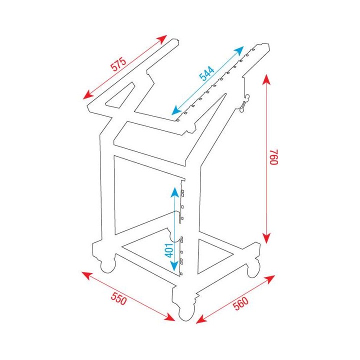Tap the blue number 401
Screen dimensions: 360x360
point(169,248)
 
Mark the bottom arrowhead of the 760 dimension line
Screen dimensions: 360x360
point(267,239)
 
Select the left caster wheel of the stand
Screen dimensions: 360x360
point(107,265)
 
